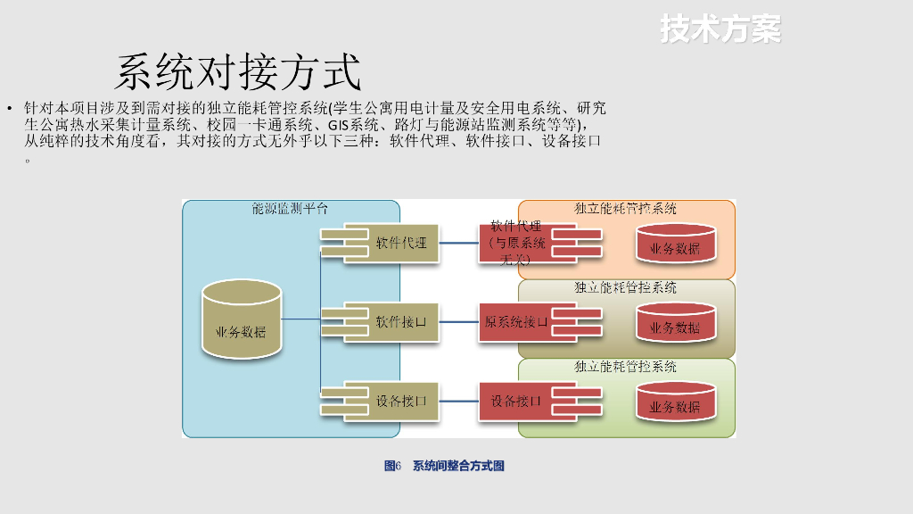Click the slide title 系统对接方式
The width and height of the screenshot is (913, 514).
click(x=238, y=72)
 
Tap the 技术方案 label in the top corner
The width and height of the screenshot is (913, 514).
click(x=720, y=29)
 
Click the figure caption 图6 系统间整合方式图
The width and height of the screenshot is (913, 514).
click(x=444, y=466)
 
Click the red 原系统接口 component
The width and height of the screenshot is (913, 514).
click(x=516, y=322)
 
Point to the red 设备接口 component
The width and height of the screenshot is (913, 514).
click(x=516, y=402)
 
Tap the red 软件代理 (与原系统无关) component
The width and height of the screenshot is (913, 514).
click(x=516, y=243)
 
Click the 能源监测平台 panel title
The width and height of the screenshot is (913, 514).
click(x=290, y=208)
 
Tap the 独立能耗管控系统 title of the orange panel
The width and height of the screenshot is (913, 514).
click(x=625, y=208)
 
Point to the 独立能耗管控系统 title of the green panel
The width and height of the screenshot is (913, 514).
click(x=625, y=367)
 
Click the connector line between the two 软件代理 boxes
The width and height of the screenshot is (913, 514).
click(x=459, y=243)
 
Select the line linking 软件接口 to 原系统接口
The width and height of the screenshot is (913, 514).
click(x=459, y=321)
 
